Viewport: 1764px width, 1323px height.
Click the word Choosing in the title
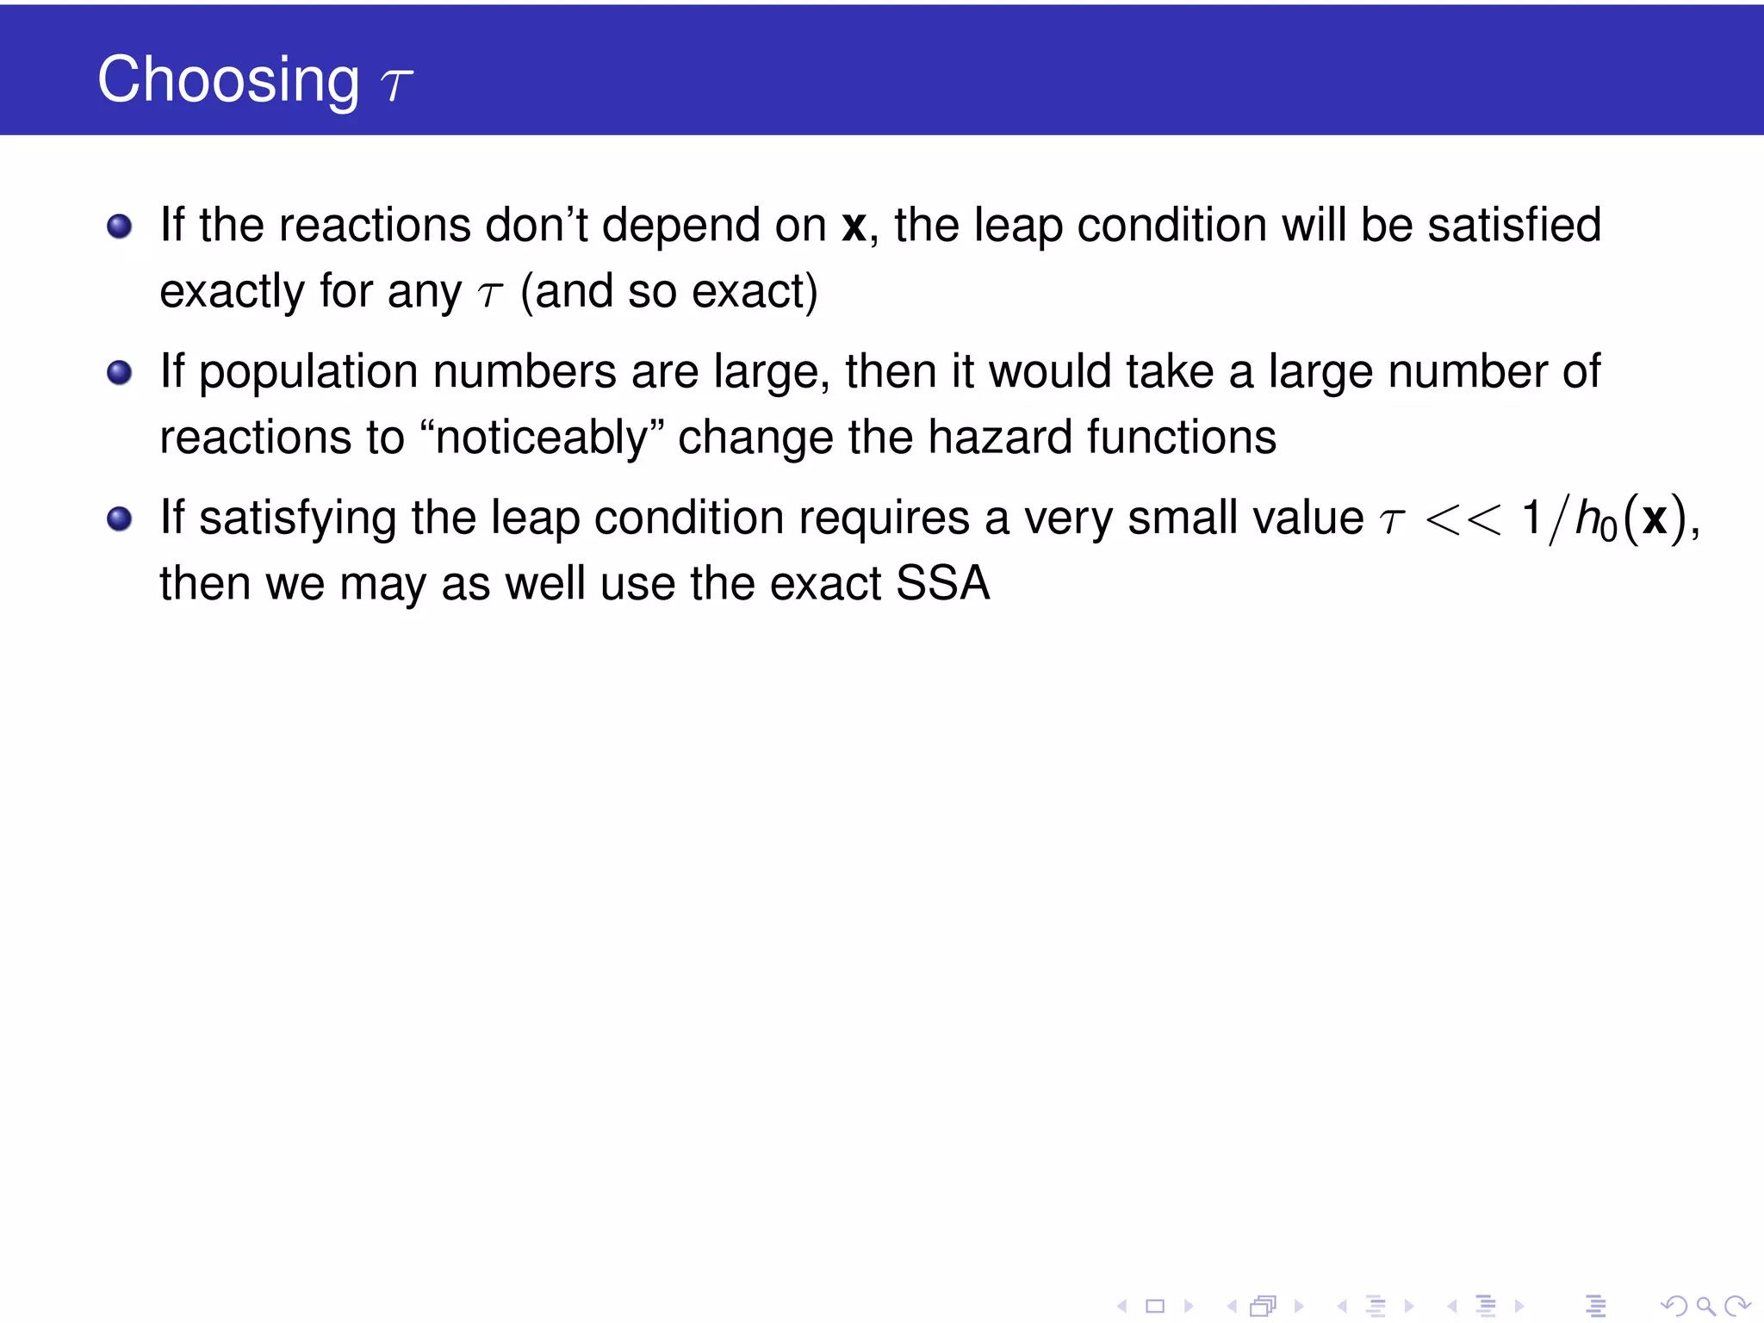(228, 80)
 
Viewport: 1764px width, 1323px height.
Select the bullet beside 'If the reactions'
(119, 227)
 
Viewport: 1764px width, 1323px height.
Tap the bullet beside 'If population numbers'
(119, 373)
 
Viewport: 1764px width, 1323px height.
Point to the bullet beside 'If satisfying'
(119, 519)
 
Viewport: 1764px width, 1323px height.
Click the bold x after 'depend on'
(854, 227)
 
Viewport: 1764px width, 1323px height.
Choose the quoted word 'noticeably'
(542, 438)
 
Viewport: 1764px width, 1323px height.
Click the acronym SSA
(942, 583)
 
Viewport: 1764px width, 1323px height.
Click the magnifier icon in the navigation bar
(1705, 1307)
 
